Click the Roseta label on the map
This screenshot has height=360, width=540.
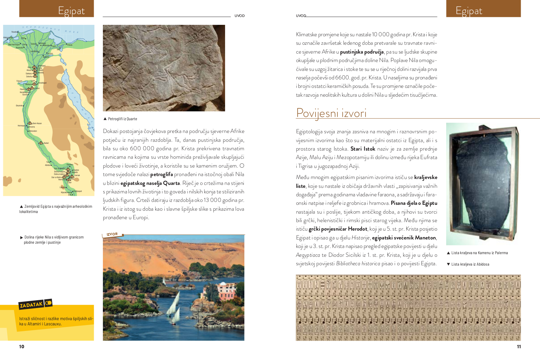(14, 32)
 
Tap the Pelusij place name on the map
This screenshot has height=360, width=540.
(70, 45)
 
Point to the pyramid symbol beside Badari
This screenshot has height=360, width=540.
(41, 143)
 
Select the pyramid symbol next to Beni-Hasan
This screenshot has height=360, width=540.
(30, 123)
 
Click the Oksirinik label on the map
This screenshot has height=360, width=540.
(19, 106)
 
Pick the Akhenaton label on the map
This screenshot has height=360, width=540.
(33, 131)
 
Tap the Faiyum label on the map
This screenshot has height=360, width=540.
(19, 81)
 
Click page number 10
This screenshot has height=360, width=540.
(22, 347)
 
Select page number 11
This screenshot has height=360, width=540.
(519, 347)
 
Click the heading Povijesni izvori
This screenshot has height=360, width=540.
(331, 113)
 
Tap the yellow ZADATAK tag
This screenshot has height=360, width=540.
(31, 305)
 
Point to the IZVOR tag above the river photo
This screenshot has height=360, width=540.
(112, 234)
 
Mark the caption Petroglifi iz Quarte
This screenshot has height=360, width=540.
(123, 119)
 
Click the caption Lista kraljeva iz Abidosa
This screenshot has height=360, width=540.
(470, 264)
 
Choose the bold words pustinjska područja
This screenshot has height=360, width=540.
(362, 52)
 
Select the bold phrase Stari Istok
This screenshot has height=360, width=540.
(363, 149)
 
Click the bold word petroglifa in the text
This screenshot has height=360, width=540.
(161, 174)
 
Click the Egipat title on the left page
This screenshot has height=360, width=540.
(71, 11)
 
